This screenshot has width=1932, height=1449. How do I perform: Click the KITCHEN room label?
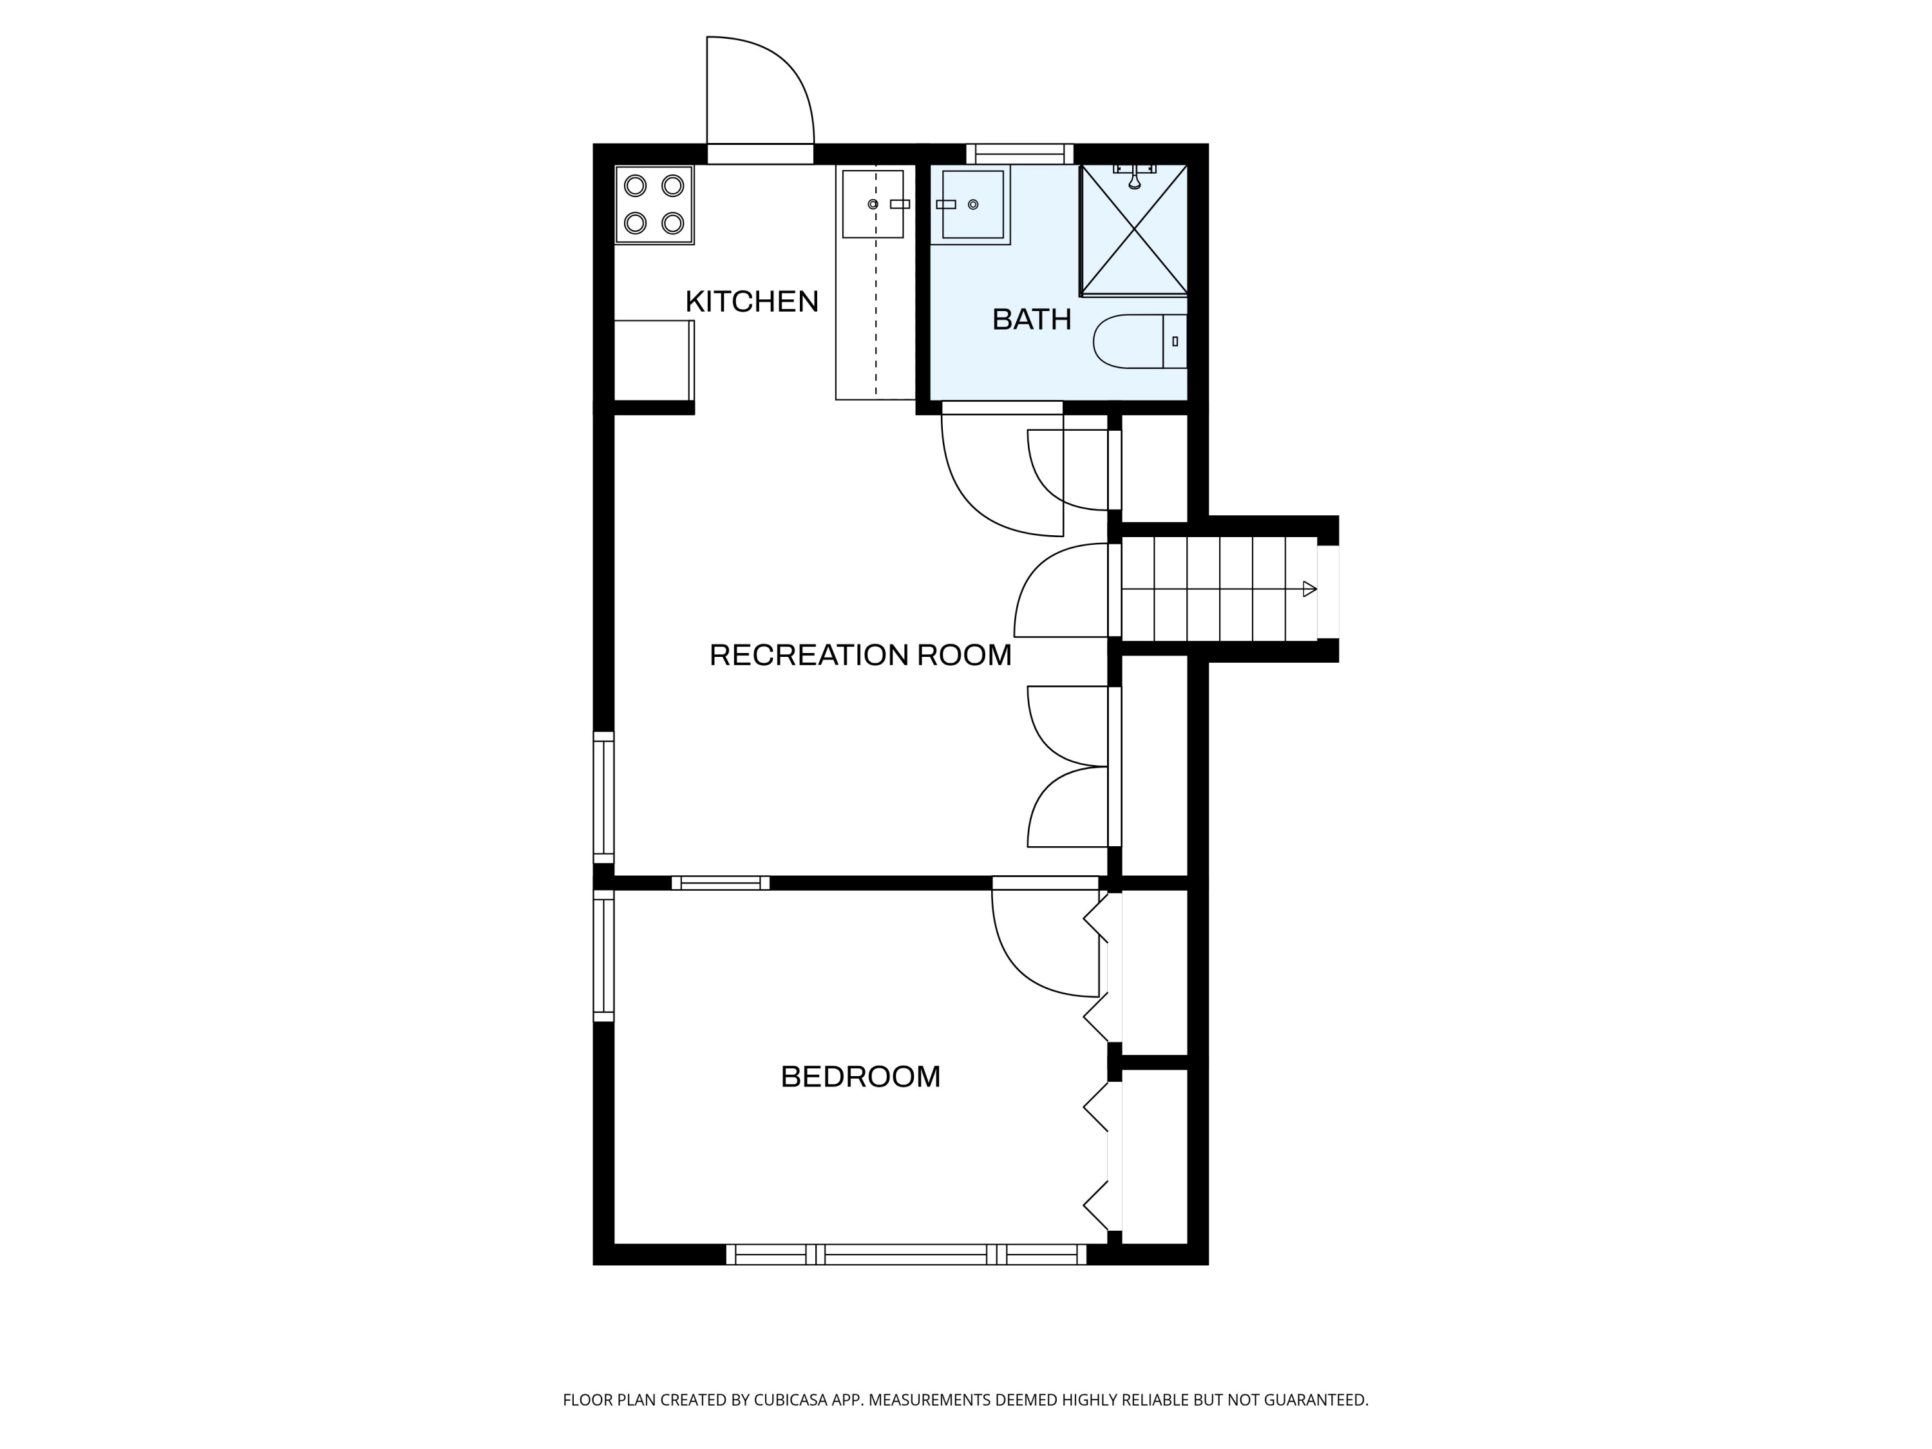pos(751,301)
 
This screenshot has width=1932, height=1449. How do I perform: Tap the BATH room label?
pos(1032,319)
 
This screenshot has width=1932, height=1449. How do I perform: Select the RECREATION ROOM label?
pos(860,655)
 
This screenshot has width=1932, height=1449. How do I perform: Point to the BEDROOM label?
pos(860,1077)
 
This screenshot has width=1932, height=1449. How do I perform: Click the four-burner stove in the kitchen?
pos(654,204)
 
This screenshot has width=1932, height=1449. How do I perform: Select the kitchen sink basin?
pos(872,204)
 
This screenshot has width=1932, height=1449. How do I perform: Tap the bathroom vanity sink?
pos(972,204)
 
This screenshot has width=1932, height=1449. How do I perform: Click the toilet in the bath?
pos(1135,341)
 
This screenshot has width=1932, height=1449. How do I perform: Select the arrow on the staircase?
pos(1309,589)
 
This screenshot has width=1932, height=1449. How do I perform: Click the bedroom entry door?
pos(1039,952)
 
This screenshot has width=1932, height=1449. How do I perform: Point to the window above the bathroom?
pos(1019,154)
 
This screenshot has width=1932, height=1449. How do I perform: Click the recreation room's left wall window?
pos(603,797)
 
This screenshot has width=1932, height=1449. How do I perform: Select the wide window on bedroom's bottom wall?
pos(905,1255)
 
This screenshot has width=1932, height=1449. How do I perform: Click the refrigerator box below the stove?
pos(653,360)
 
